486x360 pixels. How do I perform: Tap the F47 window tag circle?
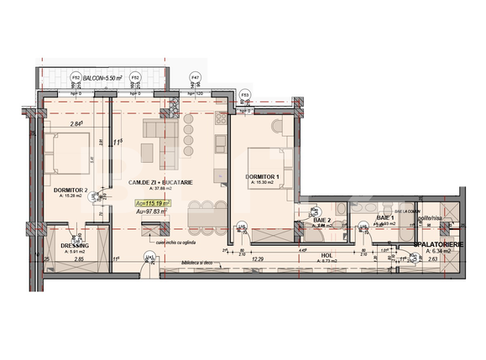tap(195, 76)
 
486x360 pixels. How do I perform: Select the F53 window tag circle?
tap(244, 94)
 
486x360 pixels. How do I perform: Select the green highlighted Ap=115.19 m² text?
tap(152, 203)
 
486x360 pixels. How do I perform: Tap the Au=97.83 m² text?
tap(152, 212)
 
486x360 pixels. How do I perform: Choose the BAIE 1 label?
tap(385, 217)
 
